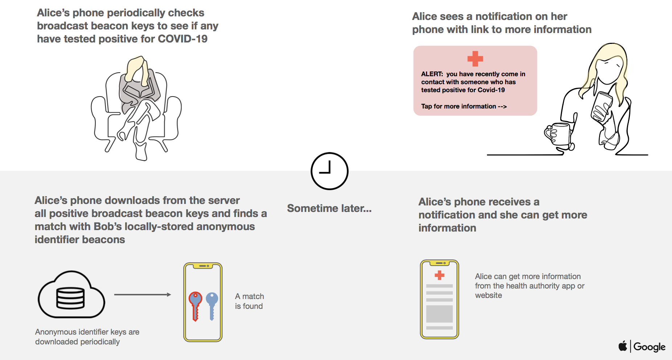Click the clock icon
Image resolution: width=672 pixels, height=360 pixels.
(x=329, y=171)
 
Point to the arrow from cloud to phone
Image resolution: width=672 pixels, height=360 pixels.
(x=142, y=295)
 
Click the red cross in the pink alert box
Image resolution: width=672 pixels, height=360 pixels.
(x=475, y=59)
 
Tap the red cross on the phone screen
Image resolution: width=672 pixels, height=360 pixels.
(x=439, y=275)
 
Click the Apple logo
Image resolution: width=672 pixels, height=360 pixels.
(x=623, y=346)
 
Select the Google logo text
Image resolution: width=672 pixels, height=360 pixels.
(x=649, y=347)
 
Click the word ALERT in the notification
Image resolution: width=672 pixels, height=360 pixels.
(x=432, y=74)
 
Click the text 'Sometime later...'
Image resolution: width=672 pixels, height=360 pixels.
(x=329, y=208)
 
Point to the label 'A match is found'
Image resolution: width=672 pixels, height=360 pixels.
(x=249, y=301)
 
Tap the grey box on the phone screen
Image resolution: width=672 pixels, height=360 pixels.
(x=439, y=314)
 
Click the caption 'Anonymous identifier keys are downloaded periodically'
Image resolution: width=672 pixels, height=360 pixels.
(x=87, y=337)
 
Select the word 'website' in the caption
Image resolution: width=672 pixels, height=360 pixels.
(x=488, y=295)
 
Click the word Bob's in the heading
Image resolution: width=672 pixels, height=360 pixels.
(x=108, y=226)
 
